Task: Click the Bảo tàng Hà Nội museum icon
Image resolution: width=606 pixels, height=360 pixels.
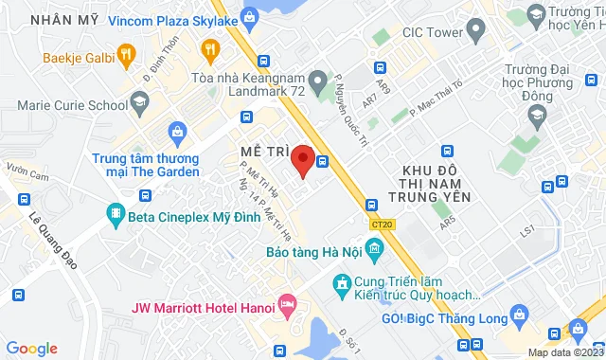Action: pyautogui.click(x=375, y=250)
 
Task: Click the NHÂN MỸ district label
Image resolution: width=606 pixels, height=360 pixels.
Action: pyautogui.click(x=63, y=18)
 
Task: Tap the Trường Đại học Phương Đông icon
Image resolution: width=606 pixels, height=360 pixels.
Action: pyautogui.click(x=537, y=115)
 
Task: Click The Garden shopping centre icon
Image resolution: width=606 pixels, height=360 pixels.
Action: pyautogui.click(x=176, y=131)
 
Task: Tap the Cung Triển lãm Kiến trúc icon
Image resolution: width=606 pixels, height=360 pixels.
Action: pyautogui.click(x=341, y=282)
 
